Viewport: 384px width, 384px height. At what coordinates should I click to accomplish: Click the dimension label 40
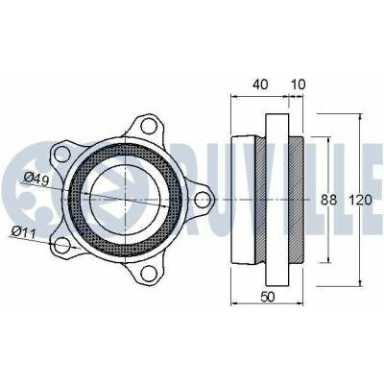pos(260,84)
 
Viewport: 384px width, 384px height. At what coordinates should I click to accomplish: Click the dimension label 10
pos(299,84)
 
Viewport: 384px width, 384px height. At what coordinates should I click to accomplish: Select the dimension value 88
pos(329,200)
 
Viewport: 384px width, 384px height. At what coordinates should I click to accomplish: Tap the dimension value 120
pos(360,200)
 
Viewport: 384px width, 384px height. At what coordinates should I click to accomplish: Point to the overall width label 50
pos(268,297)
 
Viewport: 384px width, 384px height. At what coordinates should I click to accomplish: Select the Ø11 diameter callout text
pos(23,232)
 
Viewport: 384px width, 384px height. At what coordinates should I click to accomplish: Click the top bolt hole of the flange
pos(148,126)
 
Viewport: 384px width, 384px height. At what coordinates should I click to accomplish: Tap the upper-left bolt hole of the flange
pos(62,155)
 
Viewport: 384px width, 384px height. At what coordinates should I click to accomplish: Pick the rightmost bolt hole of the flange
pos(202,200)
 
